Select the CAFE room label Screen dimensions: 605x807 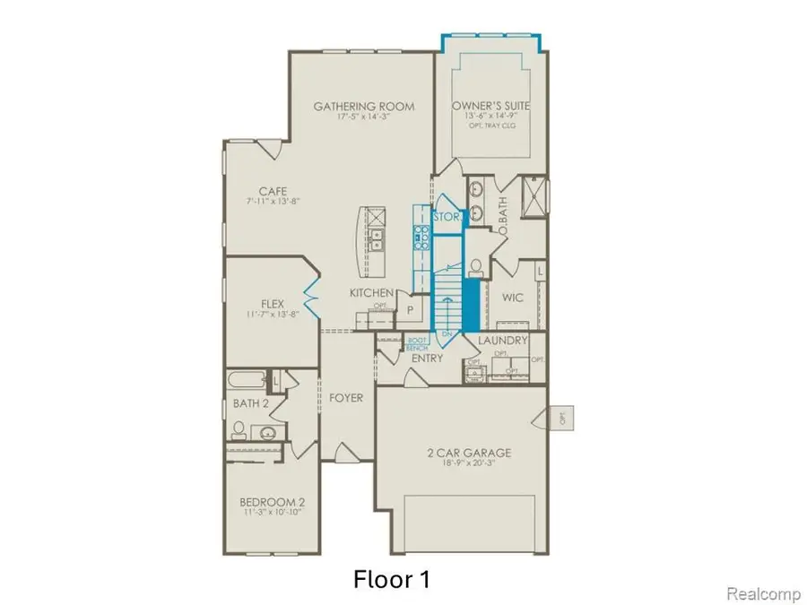point(273,191)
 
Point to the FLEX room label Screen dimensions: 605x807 point(273,303)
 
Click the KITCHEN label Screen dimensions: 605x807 point(371,293)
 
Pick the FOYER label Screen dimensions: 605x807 point(345,397)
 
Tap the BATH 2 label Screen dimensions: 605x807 point(252,403)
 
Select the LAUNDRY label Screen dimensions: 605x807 point(501,341)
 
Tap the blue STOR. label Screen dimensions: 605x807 point(446,217)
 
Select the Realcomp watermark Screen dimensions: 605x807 point(757,592)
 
